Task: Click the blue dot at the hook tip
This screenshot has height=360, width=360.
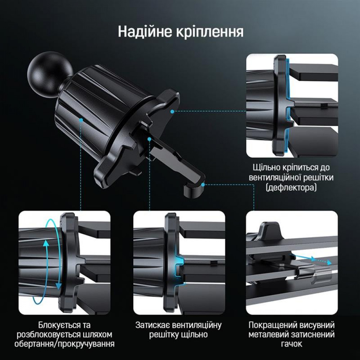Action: click(203, 184)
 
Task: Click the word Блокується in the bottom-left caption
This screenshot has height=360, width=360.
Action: click(55, 325)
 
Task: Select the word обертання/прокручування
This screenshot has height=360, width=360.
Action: click(64, 344)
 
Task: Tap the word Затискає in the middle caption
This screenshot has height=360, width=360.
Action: click(153, 325)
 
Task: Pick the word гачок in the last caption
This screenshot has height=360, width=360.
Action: click(292, 344)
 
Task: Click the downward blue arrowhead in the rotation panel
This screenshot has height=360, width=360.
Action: click(58, 286)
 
